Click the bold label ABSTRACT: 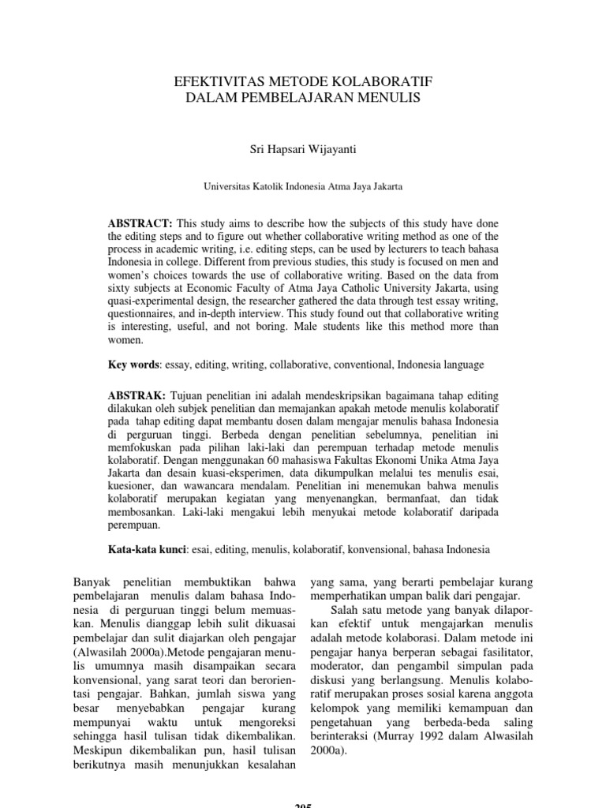click(x=137, y=223)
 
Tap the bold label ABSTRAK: click(x=136, y=394)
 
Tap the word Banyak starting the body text click(x=92, y=582)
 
